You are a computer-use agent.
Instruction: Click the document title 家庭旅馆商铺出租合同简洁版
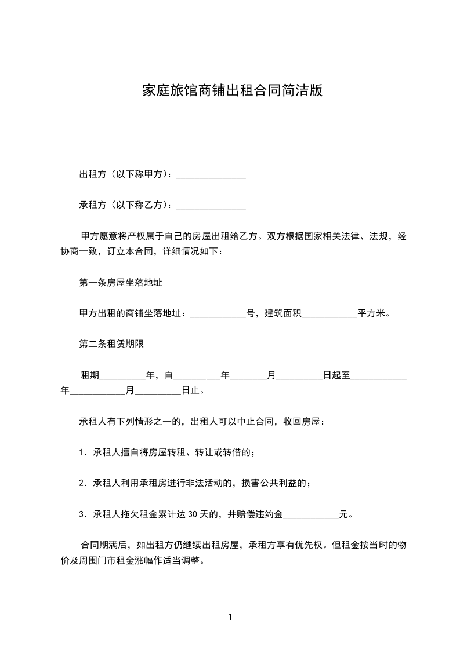click(x=232, y=91)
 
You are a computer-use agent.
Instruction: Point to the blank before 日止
click(x=158, y=392)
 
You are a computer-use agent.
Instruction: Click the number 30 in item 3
click(x=195, y=513)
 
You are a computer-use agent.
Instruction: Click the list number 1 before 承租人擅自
click(x=82, y=452)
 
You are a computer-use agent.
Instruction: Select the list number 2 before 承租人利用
click(x=82, y=483)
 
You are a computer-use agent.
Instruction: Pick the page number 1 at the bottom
click(x=230, y=617)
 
